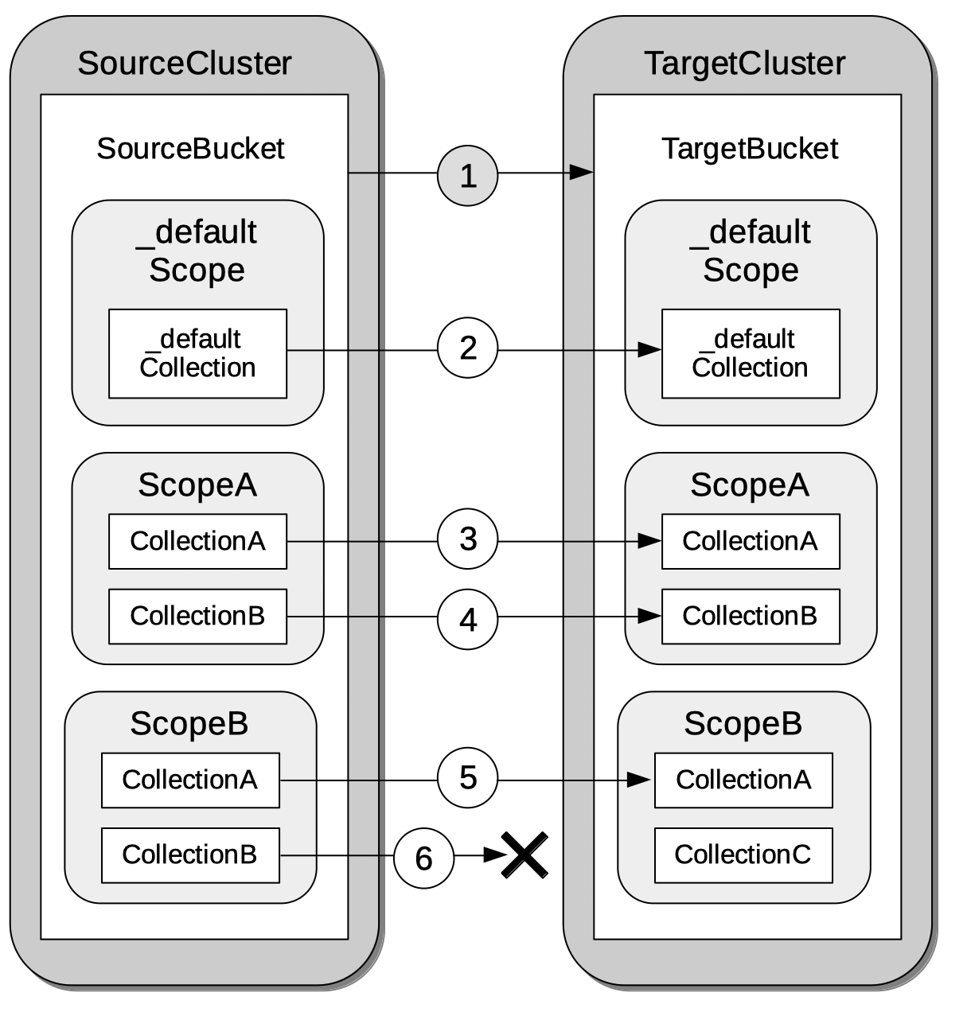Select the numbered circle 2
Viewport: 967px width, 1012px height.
(467, 348)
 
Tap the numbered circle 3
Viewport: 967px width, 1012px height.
(467, 539)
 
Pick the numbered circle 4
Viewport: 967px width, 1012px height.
(467, 619)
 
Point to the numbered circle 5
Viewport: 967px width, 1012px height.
(467, 778)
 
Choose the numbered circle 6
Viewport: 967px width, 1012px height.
(423, 858)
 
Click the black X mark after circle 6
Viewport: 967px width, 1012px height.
(524, 855)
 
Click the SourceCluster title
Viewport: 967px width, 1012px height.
(185, 64)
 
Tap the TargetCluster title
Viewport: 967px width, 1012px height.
(744, 64)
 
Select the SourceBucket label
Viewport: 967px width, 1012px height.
(190, 149)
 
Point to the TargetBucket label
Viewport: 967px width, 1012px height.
(750, 149)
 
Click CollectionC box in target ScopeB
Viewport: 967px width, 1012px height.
(743, 855)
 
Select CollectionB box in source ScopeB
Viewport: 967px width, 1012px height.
(190, 855)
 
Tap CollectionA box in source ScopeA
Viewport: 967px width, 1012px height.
(197, 541)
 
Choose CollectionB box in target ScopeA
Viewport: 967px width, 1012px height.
(750, 617)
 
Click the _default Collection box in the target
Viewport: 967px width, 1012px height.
(750, 353)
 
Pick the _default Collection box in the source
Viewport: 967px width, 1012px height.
(197, 353)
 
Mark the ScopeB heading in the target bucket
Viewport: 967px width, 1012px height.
(743, 723)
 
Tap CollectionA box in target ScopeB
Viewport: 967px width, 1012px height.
(743, 780)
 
